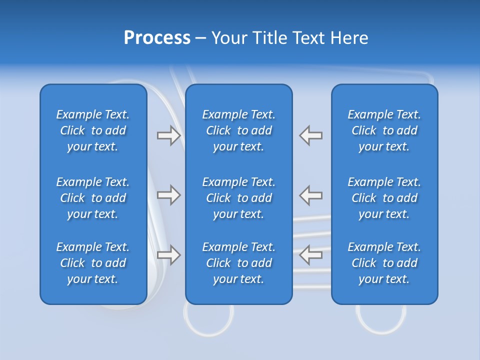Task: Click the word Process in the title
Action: [x=157, y=38]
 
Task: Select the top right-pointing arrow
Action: [x=168, y=135]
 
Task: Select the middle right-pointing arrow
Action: [x=168, y=195]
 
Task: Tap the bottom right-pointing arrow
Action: [x=168, y=255]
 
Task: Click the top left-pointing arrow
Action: [x=311, y=135]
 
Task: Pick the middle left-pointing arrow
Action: [x=311, y=195]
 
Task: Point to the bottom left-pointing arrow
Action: [x=311, y=255]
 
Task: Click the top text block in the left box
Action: [x=93, y=130]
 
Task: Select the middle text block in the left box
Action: [x=93, y=198]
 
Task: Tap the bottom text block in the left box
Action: [x=93, y=263]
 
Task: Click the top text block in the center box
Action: [x=238, y=130]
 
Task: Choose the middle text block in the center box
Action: [x=238, y=198]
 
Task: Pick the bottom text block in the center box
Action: [x=238, y=263]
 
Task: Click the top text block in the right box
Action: [x=384, y=130]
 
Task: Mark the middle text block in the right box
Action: [x=384, y=198]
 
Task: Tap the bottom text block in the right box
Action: [x=384, y=263]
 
